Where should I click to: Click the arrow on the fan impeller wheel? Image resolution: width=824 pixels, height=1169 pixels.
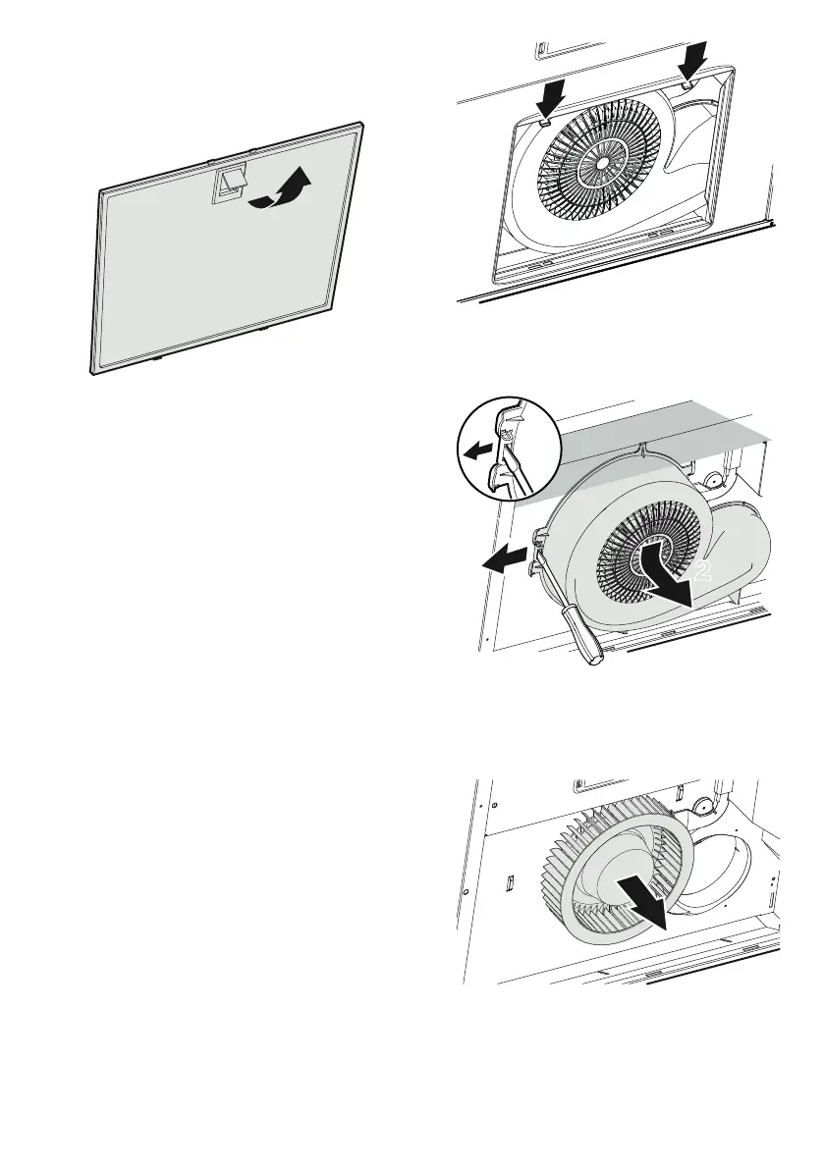(x=642, y=897)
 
